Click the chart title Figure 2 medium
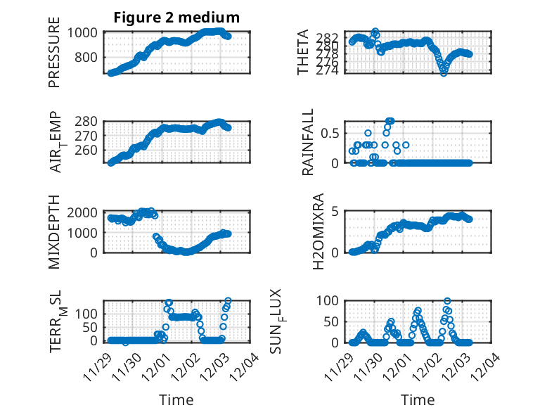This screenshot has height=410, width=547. point(176,18)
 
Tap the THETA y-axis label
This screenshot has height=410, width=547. point(303,53)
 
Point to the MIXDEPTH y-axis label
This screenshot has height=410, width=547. point(55,232)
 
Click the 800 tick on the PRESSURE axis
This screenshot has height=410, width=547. point(89,57)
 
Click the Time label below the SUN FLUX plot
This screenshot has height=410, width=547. point(418,399)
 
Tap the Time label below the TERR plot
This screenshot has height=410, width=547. point(176,399)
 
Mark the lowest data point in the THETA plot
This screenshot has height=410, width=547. point(444,72)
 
